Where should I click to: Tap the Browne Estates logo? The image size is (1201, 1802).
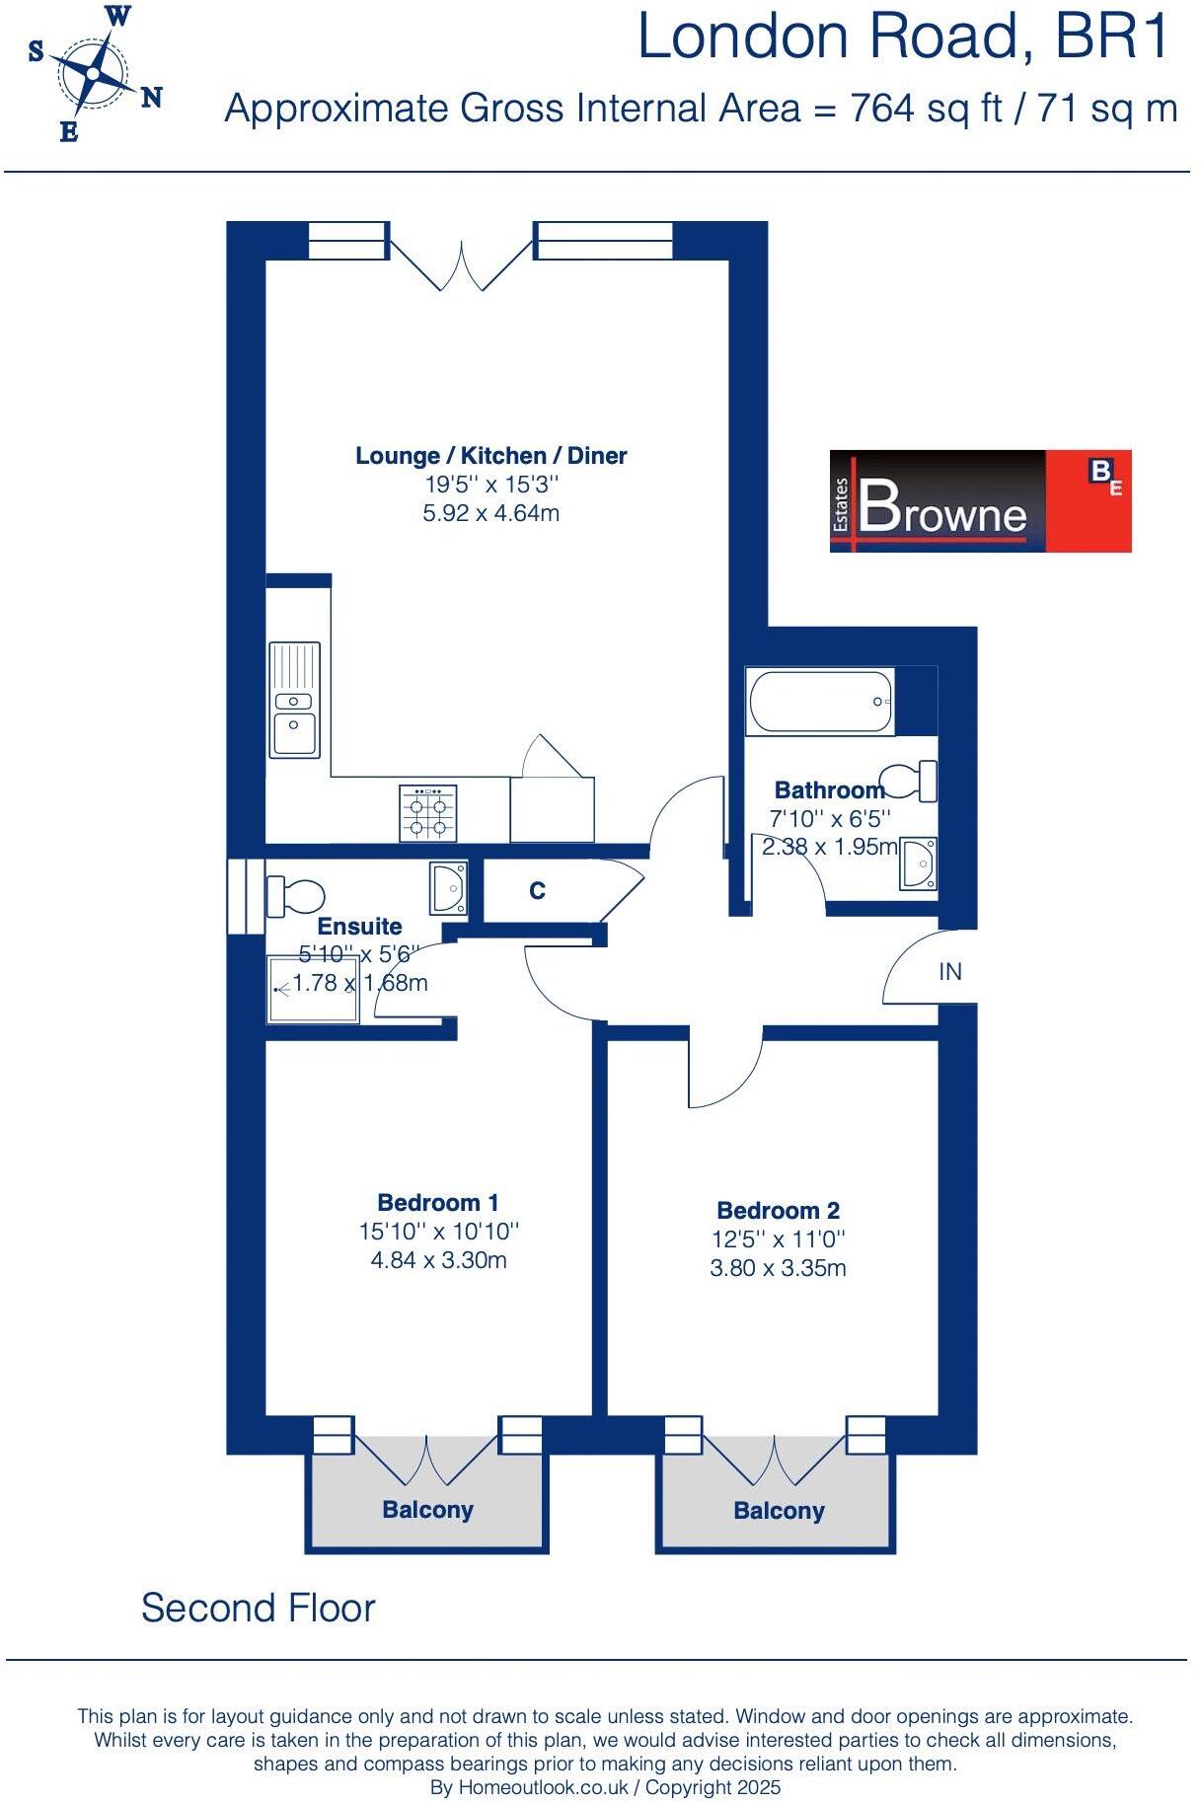(x=979, y=500)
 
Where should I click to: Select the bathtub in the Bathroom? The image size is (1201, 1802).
(x=821, y=702)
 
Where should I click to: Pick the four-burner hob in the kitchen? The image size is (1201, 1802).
(x=428, y=813)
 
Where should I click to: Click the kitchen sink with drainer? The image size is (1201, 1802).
(x=294, y=699)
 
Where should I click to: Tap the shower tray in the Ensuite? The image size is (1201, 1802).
(x=313, y=988)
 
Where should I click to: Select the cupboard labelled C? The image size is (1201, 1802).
(x=537, y=891)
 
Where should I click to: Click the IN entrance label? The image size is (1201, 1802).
(x=949, y=972)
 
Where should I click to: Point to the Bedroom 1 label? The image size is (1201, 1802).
(x=437, y=1202)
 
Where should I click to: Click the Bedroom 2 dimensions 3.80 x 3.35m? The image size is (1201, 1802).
(x=778, y=1268)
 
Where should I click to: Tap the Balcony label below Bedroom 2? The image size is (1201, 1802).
(x=779, y=1511)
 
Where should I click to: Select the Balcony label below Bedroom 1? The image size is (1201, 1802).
(x=427, y=1510)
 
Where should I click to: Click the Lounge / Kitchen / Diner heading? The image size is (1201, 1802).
(x=490, y=456)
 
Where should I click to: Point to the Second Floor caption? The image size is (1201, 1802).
(x=258, y=1608)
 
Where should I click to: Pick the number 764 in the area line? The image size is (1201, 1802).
(x=882, y=108)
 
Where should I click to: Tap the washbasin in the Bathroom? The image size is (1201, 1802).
(x=918, y=864)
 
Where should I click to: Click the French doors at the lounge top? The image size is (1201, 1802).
(x=460, y=262)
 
